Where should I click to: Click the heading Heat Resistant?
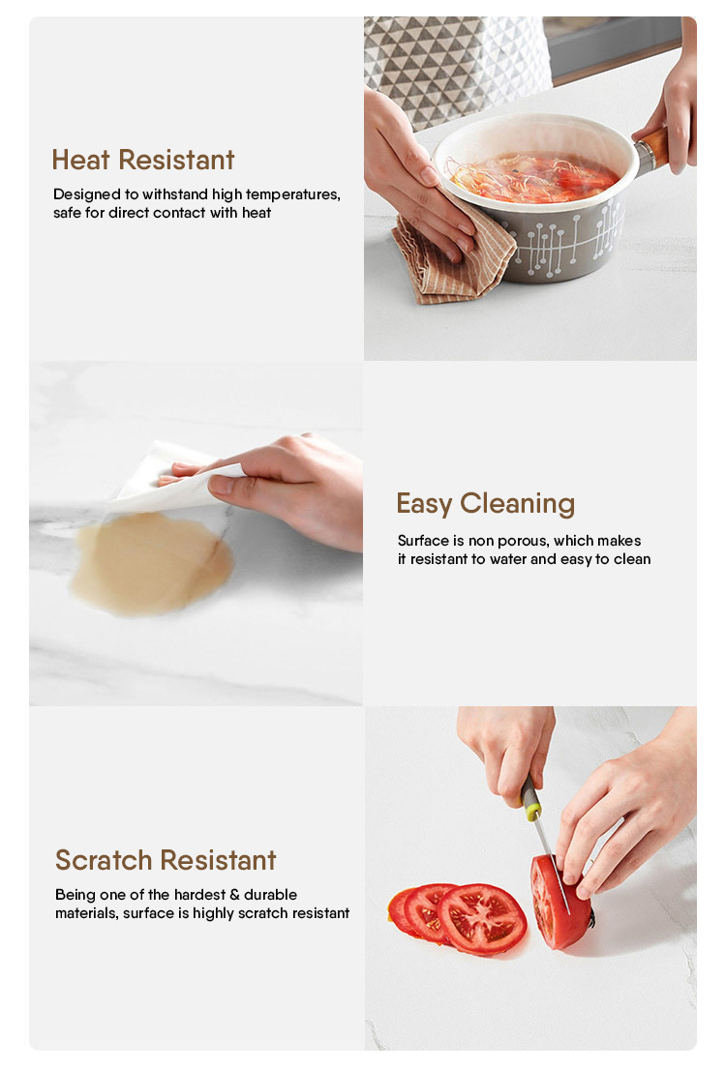click(143, 161)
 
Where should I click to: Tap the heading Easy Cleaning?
click(486, 504)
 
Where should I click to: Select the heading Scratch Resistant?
click(166, 860)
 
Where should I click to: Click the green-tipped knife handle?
click(530, 798)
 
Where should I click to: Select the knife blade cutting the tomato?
click(552, 862)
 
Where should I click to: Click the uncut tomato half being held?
click(560, 902)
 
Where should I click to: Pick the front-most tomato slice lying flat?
click(482, 920)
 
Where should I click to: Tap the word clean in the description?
click(632, 560)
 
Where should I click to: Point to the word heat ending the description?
click(257, 214)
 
